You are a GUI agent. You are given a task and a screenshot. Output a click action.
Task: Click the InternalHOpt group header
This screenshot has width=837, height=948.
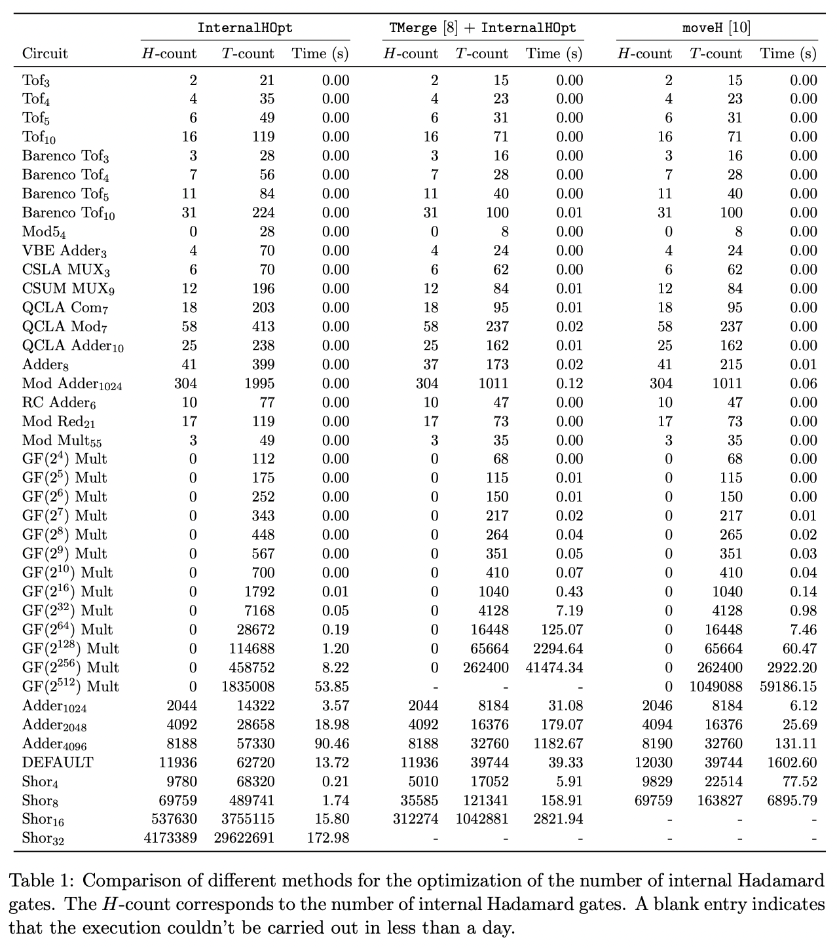click(245, 27)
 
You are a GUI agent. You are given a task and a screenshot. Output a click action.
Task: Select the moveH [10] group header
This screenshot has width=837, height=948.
click(716, 27)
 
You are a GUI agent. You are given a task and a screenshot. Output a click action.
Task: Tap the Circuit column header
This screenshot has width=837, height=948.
click(45, 54)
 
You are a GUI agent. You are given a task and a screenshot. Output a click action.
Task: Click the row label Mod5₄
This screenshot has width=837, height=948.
click(44, 232)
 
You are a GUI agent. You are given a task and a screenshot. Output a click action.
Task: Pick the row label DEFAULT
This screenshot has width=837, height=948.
click(58, 763)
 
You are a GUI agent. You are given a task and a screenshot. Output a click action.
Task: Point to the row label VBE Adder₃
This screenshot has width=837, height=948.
click(64, 251)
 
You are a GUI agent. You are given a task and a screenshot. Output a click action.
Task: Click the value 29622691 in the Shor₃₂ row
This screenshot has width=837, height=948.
click(244, 838)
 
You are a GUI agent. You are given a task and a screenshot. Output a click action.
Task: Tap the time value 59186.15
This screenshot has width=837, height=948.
click(789, 687)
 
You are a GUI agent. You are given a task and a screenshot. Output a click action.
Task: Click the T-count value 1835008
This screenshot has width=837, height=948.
click(248, 687)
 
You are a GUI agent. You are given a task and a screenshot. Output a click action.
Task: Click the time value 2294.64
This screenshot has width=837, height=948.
click(557, 649)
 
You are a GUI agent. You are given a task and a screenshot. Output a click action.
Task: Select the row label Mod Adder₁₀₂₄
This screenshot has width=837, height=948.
click(72, 384)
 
